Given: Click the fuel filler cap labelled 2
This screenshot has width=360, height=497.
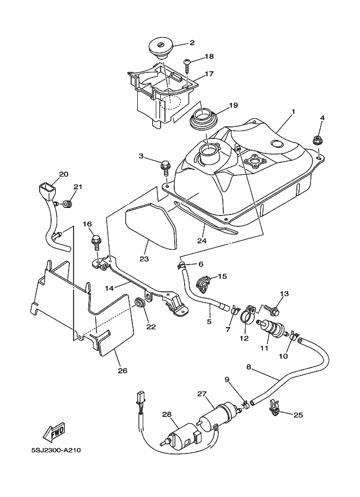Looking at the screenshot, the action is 161,48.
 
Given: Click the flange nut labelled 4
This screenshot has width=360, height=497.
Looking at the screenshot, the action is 316,139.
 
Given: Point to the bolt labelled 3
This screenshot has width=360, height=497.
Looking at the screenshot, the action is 164,167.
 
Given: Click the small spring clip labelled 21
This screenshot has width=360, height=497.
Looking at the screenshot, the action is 67,204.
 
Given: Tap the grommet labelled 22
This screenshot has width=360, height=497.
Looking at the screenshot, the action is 139,303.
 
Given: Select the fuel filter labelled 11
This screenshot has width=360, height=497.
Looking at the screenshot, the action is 270,327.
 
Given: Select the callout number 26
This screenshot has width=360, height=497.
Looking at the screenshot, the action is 123,370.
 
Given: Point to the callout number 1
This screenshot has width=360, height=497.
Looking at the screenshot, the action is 294,112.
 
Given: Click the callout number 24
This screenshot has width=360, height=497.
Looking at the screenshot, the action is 202,241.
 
